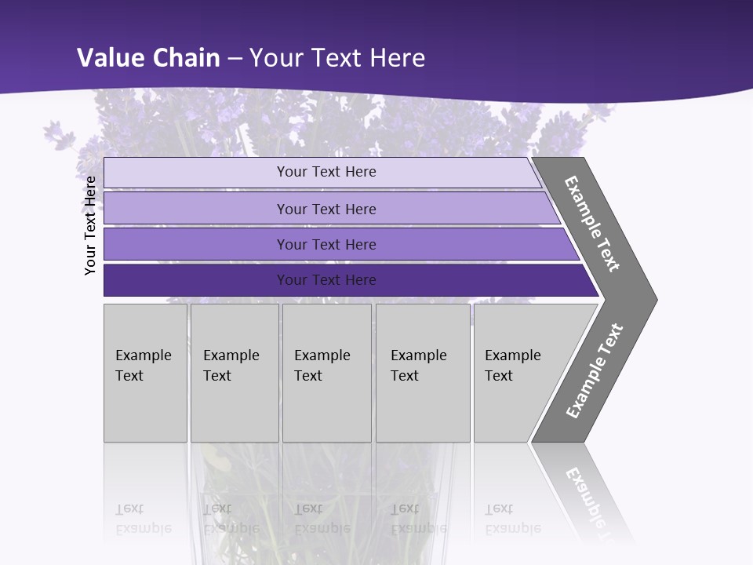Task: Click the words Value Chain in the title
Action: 149,57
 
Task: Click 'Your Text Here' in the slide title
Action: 337,57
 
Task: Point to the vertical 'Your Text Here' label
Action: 90,225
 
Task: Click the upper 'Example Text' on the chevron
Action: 592,224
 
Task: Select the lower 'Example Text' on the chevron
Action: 594,371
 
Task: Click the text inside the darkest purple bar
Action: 326,280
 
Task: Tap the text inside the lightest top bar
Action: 326,172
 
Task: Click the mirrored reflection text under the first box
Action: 143,519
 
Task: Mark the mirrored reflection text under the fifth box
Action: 512,519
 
